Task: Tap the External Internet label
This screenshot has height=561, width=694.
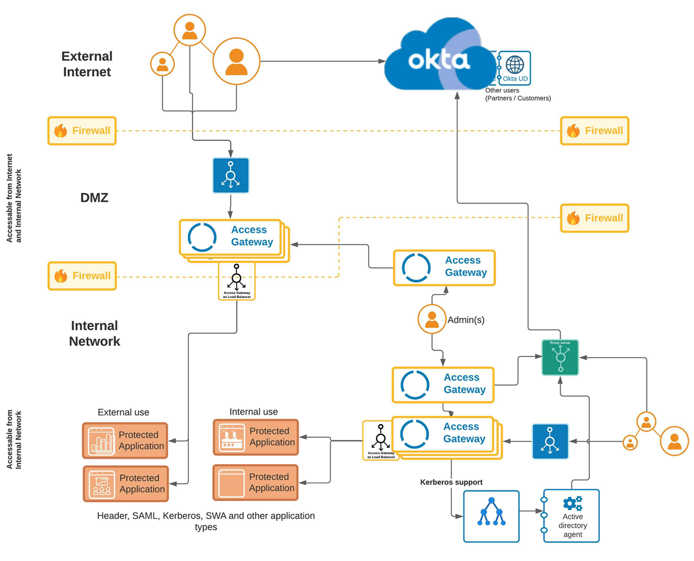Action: [87, 64]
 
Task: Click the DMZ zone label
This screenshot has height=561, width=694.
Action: [94, 198]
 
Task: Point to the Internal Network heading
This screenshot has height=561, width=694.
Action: [94, 333]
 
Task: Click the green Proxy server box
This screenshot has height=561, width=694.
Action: [560, 357]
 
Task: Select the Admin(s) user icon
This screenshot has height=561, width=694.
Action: [432, 319]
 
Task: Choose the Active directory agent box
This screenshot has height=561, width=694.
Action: [571, 515]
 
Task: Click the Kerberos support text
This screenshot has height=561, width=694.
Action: [451, 482]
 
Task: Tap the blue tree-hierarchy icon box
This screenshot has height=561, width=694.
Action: [491, 515]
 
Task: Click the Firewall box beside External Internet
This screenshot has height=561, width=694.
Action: [81, 131]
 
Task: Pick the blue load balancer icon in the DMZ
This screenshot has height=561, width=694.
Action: [231, 175]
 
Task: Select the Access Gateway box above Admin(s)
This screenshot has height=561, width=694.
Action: [444, 268]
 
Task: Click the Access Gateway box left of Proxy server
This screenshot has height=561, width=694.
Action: [443, 384]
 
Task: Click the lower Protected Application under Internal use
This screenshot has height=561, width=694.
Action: [255, 482]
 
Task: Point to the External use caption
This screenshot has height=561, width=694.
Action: [123, 413]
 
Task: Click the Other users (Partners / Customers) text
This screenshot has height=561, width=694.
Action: [518, 94]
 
